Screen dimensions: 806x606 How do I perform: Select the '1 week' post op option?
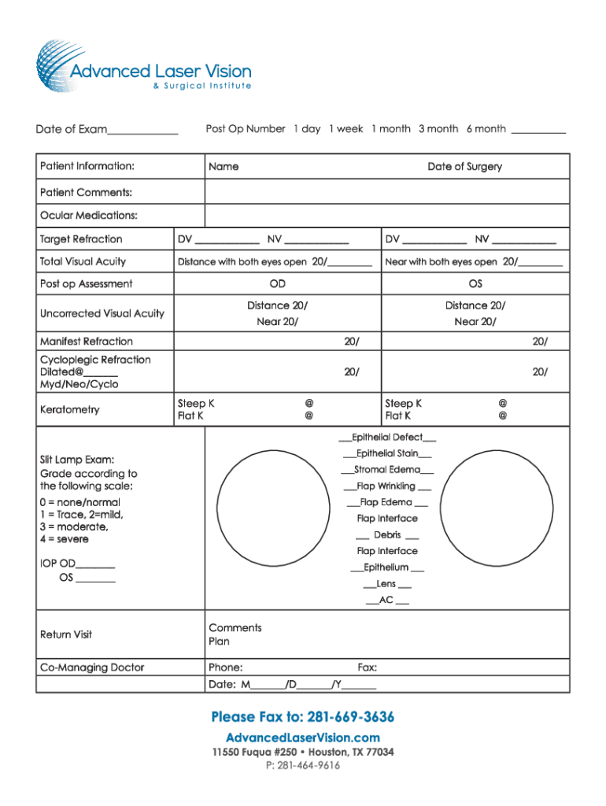pyautogui.click(x=345, y=128)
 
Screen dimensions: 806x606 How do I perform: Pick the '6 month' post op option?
pyautogui.click(x=486, y=128)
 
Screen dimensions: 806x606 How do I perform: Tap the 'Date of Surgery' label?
pyautogui.click(x=464, y=167)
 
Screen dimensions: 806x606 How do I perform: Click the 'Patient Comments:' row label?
pyautogui.click(x=86, y=193)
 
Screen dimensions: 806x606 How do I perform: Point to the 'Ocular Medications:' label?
pyautogui.click(x=89, y=216)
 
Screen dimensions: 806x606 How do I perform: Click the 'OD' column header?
pyautogui.click(x=277, y=284)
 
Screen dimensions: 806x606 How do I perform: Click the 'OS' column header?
pyautogui.click(x=475, y=284)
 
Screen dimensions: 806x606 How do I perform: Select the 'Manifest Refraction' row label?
pyautogui.click(x=87, y=342)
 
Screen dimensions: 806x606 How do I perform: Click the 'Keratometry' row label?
pyautogui.click(x=70, y=410)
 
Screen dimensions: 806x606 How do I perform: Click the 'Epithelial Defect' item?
pyautogui.click(x=387, y=437)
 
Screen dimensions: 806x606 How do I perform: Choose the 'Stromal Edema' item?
pyautogui.click(x=387, y=470)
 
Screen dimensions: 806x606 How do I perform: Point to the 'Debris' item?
pyautogui.click(x=387, y=535)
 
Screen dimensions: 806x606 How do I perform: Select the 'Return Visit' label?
pyautogui.click(x=66, y=634)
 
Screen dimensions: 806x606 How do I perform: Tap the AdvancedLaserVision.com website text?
pyautogui.click(x=303, y=738)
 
